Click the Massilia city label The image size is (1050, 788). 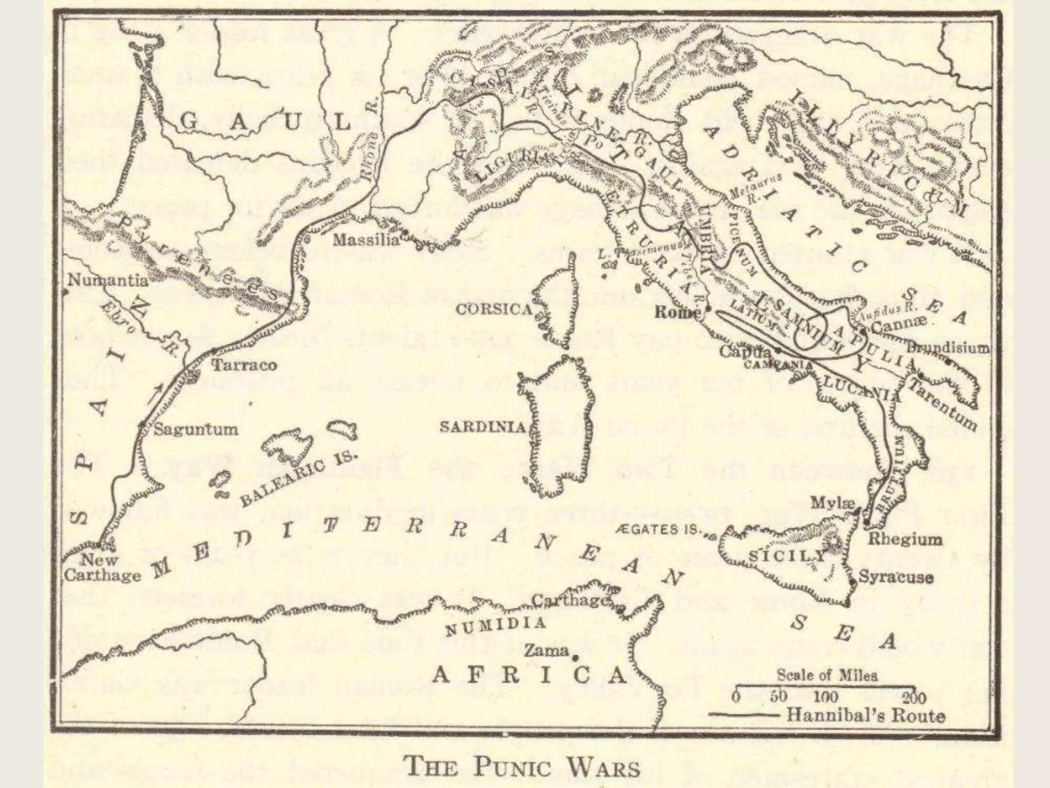[x=366, y=241]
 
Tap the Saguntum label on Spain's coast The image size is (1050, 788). [x=196, y=429]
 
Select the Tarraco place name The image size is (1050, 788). [x=244, y=365]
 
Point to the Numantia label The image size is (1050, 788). [x=108, y=281]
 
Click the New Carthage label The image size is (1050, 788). [x=102, y=567]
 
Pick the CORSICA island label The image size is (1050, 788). [x=494, y=309]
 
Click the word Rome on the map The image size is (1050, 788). [x=678, y=312]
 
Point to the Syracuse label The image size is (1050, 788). [x=896, y=577]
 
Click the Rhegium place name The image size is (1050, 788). [x=904, y=539]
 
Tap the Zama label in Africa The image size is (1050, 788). [x=546, y=651]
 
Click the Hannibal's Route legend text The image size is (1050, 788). [x=865, y=715]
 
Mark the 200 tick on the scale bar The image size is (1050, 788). [x=915, y=697]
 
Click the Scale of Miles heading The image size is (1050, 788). [x=827, y=675]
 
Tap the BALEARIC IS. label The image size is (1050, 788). [x=298, y=480]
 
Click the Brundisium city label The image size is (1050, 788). [x=948, y=348]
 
